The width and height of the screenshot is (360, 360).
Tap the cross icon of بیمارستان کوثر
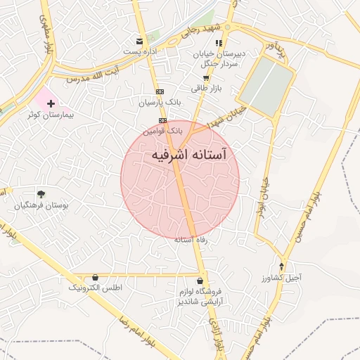[51, 103]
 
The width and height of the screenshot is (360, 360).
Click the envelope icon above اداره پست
[140, 41]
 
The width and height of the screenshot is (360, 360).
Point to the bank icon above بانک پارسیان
[160, 91]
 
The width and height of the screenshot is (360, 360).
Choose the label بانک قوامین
[163, 131]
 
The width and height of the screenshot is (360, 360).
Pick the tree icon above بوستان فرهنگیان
[41, 193]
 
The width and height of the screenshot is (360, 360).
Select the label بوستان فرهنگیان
[41, 205]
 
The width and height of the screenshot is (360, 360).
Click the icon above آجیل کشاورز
[282, 266]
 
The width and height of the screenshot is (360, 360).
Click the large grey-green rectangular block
[266, 86]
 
